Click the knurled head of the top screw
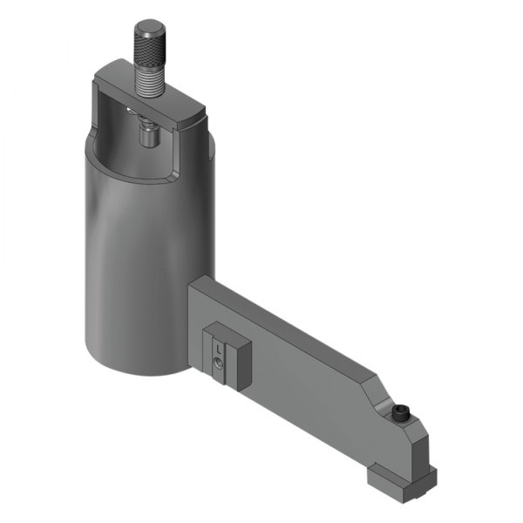click(149, 44)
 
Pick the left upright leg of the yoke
click(100, 113)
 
